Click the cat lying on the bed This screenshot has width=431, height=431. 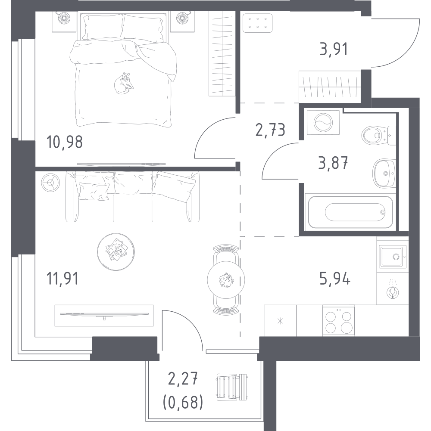click(x=123, y=83)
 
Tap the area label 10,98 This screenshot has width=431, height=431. click(x=65, y=142)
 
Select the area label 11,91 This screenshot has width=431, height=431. click(x=63, y=278)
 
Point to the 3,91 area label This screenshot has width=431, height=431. click(x=334, y=49)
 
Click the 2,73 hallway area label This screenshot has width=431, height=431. click(x=270, y=130)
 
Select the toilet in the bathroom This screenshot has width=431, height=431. click(x=379, y=136)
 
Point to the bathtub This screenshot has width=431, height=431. click(x=350, y=212)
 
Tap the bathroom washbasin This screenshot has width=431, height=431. click(x=384, y=173)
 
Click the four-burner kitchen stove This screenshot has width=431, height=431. click(x=338, y=321)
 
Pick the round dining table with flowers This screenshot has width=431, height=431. click(x=226, y=279)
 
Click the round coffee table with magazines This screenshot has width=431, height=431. click(x=116, y=251)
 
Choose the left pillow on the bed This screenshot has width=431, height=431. click(x=103, y=27)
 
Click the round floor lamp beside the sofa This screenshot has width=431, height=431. click(x=50, y=183)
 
